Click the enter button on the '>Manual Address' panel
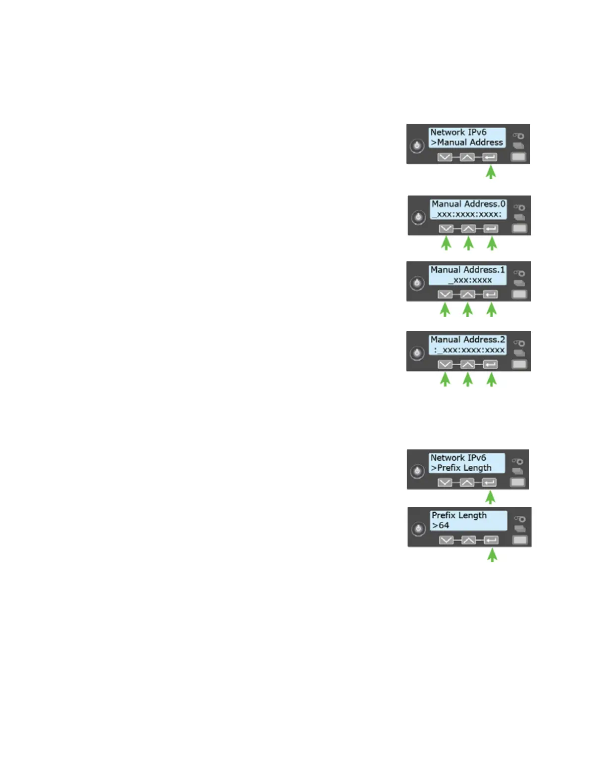[490, 157]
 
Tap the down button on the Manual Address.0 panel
[446, 229]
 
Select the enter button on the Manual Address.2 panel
[490, 364]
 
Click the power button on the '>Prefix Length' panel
[417, 471]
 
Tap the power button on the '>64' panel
[418, 529]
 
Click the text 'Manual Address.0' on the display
[468, 204]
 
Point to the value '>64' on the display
[441, 525]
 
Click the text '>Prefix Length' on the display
[461, 468]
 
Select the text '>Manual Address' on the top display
[467, 142]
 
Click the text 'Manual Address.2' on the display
[467, 340]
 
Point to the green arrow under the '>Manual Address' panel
[491, 172]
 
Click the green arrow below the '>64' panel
[492, 555]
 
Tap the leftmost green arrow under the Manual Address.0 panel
[446, 243]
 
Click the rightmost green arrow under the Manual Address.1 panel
[491, 309]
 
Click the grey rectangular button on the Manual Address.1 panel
[519, 294]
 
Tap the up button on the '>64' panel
[468, 540]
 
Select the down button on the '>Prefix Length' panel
[445, 482]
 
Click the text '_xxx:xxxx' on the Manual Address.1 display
[470, 280]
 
